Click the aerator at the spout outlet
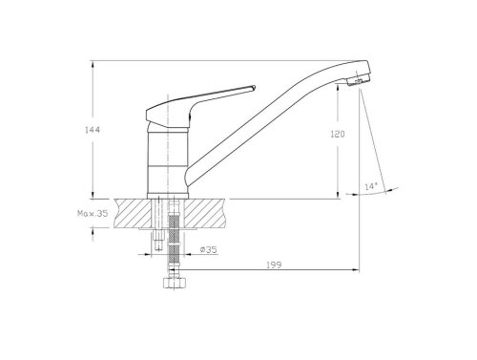coord(357,82)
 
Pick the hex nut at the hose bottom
coord(174,285)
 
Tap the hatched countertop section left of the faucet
coord(132,213)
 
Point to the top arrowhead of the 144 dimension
coord(93,63)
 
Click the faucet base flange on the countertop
coord(168,193)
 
